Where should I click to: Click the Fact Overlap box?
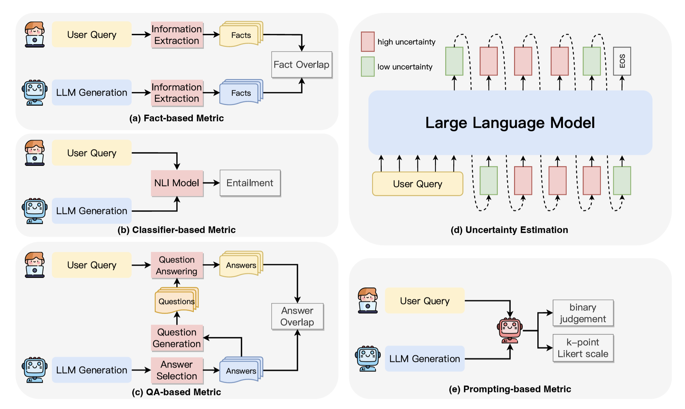coord(302,65)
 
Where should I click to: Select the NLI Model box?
coord(177,183)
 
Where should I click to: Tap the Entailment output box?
coord(250,183)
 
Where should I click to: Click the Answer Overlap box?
coord(297,316)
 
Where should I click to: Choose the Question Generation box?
coord(177,338)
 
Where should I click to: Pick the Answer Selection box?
coord(177,370)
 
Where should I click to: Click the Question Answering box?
coord(177,265)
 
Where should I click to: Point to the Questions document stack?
coord(177,301)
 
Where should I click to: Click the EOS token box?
coord(622,61)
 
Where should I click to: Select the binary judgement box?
coord(583,313)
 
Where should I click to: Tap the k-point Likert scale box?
coord(583,348)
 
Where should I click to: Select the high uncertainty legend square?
coord(368,42)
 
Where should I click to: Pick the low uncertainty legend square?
coord(368,67)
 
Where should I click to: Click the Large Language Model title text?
coord(510,123)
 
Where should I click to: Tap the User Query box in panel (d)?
coord(418,184)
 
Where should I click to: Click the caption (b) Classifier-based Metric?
coord(177,230)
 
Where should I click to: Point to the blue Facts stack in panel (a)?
coord(241,92)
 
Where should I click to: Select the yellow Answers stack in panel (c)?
coord(241,265)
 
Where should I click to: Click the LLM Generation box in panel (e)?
coord(425,359)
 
